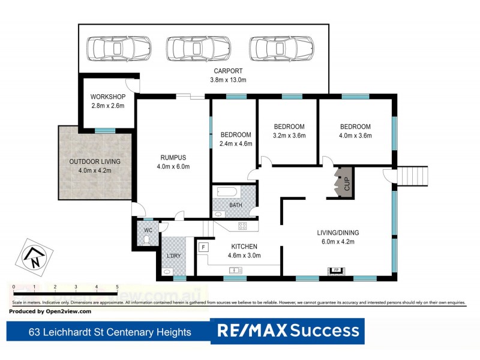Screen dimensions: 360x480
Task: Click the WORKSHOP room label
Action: click(x=108, y=97)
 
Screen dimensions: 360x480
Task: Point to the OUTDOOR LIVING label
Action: click(x=95, y=161)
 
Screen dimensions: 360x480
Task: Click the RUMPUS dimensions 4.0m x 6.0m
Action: click(x=173, y=167)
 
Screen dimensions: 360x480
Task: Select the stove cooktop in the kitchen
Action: click(x=244, y=226)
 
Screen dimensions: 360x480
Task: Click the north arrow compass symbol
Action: click(x=35, y=256)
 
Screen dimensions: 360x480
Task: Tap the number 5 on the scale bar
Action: click(x=117, y=287)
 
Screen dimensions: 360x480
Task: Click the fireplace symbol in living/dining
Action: click(x=337, y=270)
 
